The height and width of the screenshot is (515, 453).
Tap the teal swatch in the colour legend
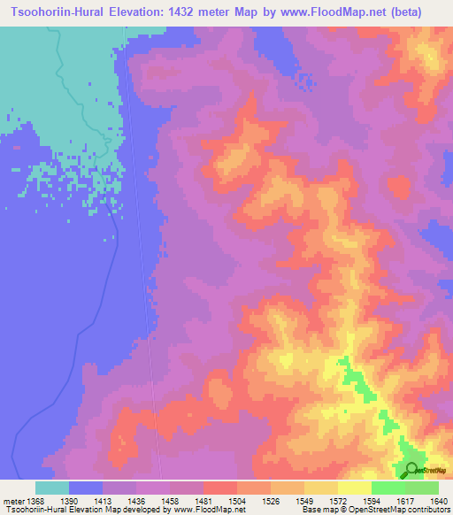(x=52, y=488)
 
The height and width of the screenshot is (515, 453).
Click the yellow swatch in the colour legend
(x=355, y=488)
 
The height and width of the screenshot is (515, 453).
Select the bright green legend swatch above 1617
(x=388, y=488)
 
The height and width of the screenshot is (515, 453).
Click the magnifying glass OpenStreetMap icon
(x=411, y=470)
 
